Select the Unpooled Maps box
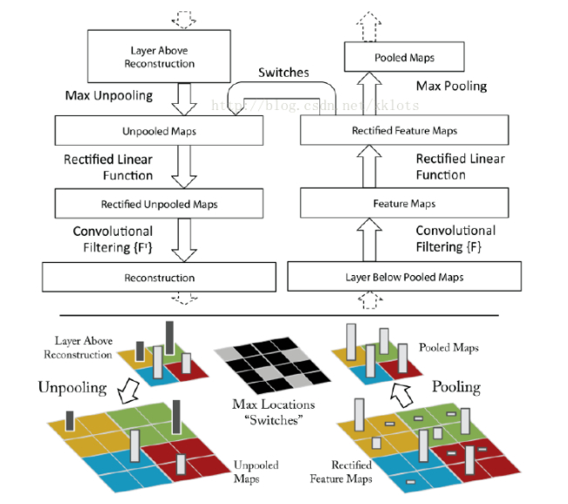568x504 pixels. [159, 132]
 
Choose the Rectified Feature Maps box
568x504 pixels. [403, 131]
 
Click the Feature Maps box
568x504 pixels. [403, 204]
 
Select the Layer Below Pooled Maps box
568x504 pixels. [403, 277]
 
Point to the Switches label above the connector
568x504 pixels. [283, 73]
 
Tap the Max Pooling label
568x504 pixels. [451, 86]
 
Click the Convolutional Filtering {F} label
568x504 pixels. [455, 238]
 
